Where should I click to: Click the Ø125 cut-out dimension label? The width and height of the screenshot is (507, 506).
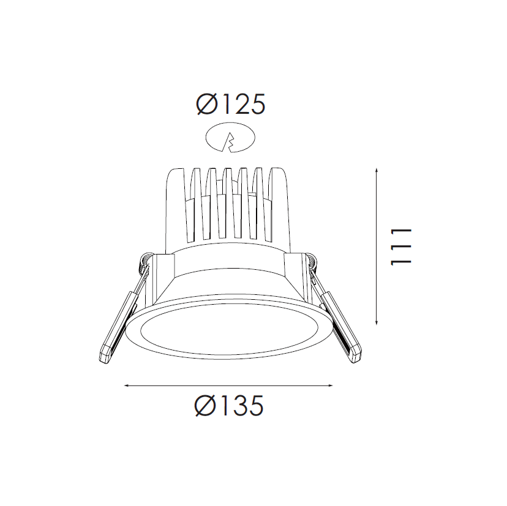(230, 105)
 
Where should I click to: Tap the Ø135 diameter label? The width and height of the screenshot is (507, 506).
(229, 405)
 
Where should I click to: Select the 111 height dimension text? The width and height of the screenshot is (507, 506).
(401, 246)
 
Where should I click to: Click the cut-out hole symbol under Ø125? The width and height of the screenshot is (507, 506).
(230, 138)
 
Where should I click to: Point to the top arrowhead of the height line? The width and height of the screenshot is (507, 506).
(376, 169)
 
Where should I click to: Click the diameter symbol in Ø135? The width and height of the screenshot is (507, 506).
(205, 405)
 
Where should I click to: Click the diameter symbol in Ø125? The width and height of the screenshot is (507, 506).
(206, 105)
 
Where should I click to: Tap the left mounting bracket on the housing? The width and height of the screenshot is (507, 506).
(163, 275)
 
